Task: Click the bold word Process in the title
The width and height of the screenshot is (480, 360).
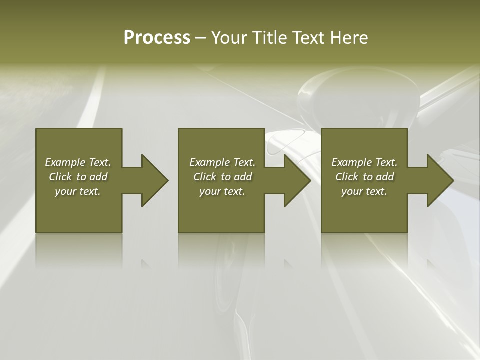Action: coord(157,38)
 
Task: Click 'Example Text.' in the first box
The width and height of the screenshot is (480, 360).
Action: coord(78,162)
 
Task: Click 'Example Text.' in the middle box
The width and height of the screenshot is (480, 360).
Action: coord(222,162)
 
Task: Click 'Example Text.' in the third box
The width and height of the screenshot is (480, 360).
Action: coord(364,162)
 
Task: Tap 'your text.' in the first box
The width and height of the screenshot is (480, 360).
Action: coord(78,191)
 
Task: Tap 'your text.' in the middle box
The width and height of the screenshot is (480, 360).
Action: coord(222,191)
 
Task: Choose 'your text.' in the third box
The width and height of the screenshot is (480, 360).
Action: coord(364,191)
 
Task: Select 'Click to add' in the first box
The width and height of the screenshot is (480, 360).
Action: coord(78,177)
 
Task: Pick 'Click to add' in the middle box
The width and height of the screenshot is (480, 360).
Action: coord(222,177)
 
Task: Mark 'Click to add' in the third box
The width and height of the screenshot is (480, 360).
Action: coord(364,177)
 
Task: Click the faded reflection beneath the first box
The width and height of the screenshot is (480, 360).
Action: coord(79,250)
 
